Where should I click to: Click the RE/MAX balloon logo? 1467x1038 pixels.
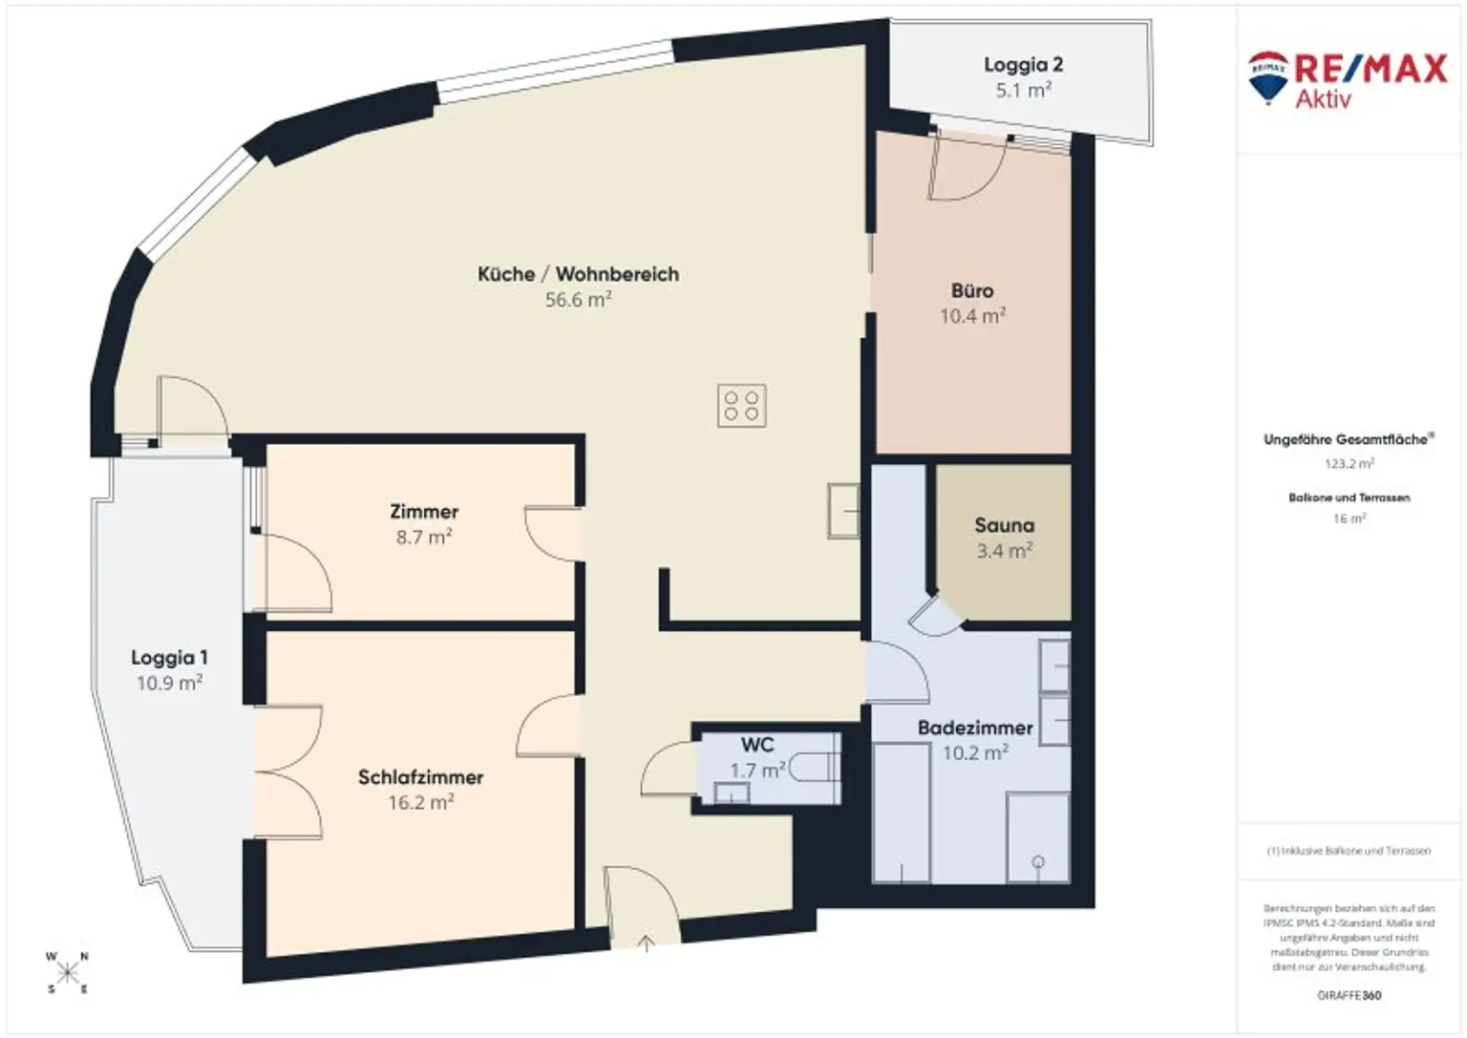(1267, 76)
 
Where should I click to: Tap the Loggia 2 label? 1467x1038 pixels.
(1023, 65)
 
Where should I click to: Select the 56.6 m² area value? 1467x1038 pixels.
(578, 300)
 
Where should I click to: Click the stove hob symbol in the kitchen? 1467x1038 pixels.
(741, 405)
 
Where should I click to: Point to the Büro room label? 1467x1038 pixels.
(972, 290)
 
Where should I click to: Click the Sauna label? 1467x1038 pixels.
(1004, 525)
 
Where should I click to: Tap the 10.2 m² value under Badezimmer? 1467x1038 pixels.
(975, 753)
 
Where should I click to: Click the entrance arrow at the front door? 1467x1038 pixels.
(647, 943)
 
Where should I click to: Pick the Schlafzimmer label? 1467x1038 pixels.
(420, 777)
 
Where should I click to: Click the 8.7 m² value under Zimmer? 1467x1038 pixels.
(423, 538)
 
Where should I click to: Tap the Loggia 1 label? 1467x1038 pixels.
(169, 658)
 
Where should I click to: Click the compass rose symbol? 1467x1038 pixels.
(67, 973)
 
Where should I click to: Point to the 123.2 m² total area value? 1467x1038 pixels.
(1349, 464)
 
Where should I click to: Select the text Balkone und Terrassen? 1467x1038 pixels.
(1349, 498)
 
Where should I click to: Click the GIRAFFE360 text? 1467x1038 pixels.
(1349, 996)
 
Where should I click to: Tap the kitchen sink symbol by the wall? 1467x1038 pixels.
(843, 511)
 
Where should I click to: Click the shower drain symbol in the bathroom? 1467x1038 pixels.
(1038, 862)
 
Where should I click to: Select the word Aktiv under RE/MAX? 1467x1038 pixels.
(1323, 98)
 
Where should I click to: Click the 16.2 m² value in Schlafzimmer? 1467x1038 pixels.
(420, 803)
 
